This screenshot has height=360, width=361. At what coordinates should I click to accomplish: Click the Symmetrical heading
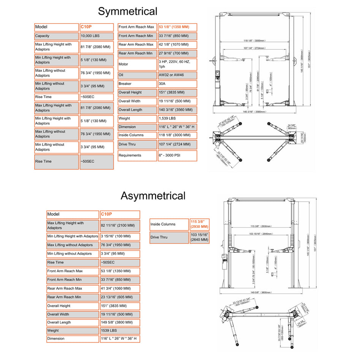[x=127, y=11]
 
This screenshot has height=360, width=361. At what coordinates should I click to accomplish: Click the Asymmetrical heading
[x=153, y=196]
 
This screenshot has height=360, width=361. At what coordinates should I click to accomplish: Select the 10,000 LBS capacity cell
[x=97, y=36]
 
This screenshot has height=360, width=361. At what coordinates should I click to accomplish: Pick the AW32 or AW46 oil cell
[x=177, y=75]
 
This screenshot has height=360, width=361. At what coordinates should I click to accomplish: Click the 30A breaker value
[x=177, y=84]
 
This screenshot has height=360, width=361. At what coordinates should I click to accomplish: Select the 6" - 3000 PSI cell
[x=177, y=155]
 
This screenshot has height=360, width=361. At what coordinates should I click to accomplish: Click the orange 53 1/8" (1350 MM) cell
[x=177, y=27]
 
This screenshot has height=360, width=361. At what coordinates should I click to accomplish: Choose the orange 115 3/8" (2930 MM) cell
[x=199, y=224]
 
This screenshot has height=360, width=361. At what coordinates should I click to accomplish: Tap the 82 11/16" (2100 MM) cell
[x=120, y=225]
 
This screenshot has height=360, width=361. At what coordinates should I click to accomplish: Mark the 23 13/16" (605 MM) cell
[x=120, y=297]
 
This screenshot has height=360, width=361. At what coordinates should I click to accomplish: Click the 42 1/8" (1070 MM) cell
[x=177, y=44]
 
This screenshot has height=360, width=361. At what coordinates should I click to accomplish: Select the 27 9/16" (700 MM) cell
[x=177, y=53]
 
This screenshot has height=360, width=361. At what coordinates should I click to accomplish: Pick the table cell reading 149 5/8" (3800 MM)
[x=120, y=322]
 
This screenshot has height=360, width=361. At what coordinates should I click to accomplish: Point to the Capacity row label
[x=56, y=36]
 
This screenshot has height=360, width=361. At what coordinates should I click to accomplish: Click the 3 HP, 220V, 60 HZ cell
[x=177, y=64]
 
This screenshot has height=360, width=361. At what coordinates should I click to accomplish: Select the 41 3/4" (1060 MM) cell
[x=120, y=288]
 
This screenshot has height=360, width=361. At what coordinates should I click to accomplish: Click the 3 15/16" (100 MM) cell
[x=120, y=236]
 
